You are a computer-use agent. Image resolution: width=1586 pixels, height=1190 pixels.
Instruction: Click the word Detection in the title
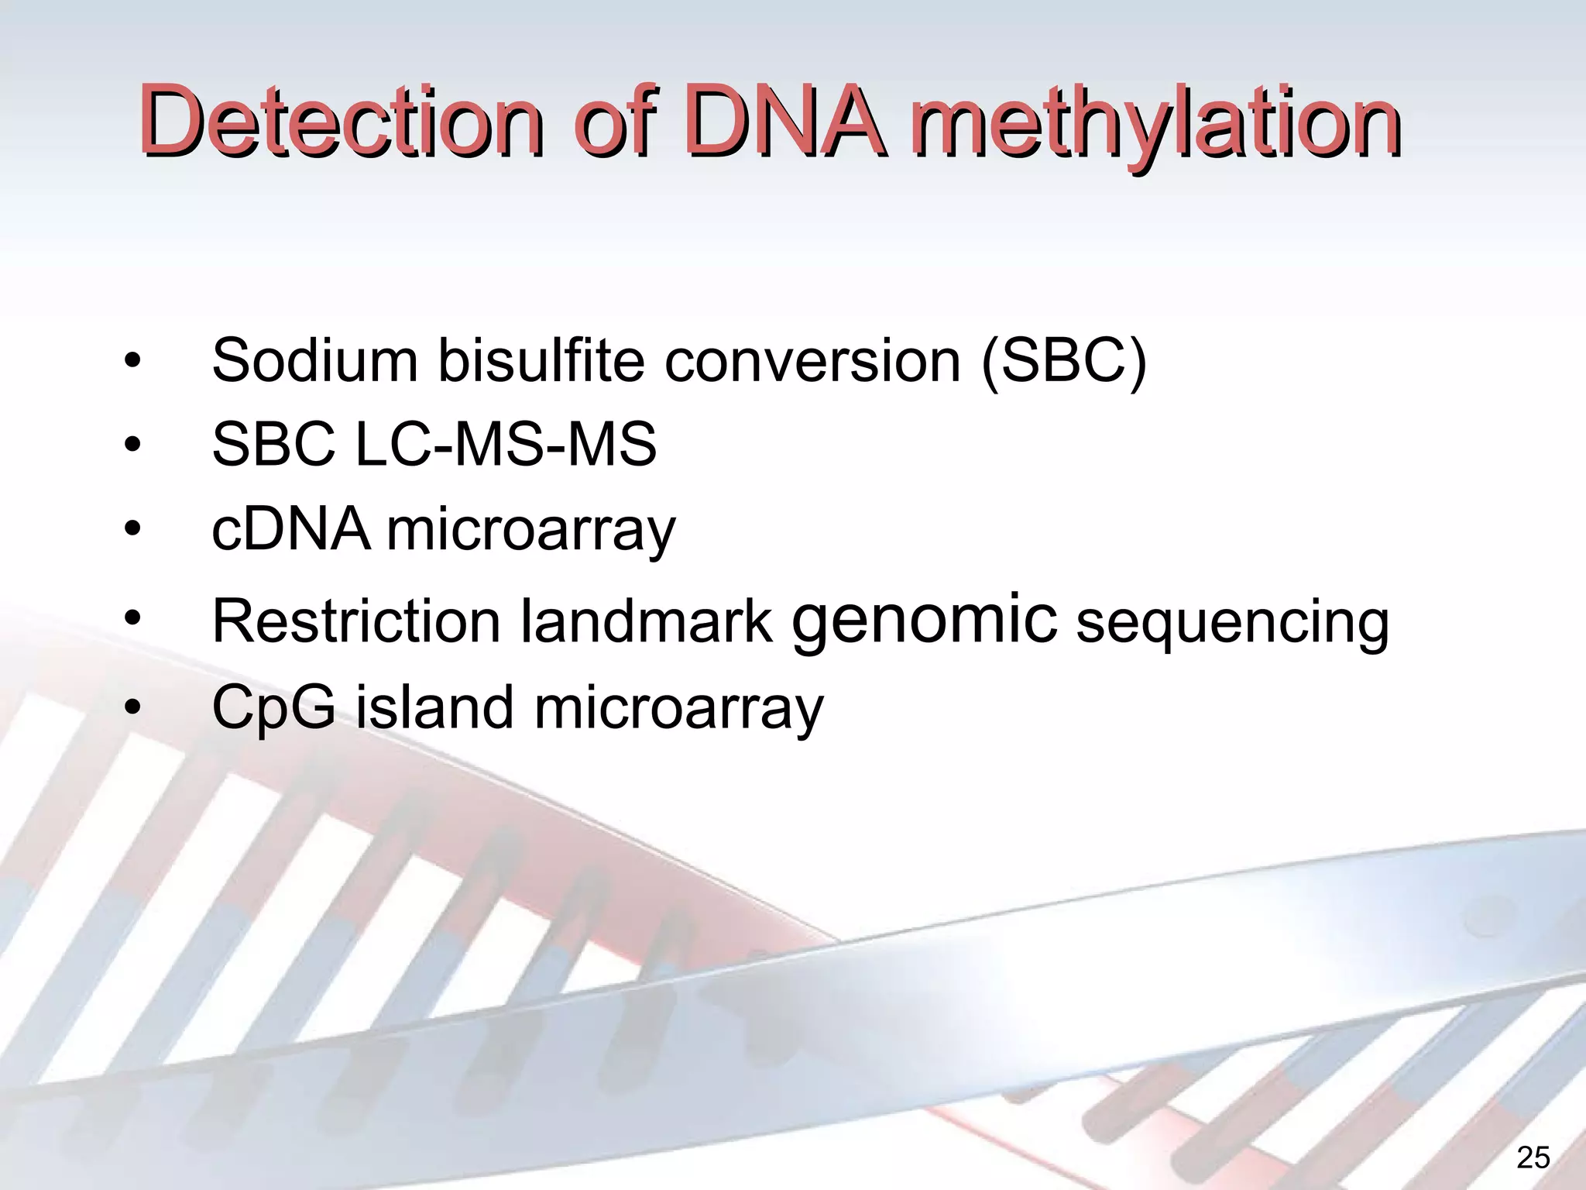[x=341, y=122]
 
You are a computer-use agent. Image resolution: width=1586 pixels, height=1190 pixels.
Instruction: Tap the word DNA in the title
[x=782, y=122]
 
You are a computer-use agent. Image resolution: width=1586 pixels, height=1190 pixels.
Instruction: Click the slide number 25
[x=1533, y=1157]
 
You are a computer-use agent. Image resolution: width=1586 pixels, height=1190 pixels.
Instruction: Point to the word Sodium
[x=314, y=360]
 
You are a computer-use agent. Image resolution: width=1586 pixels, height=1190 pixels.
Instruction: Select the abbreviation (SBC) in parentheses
[x=1063, y=362]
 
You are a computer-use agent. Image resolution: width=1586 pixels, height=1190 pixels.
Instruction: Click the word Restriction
[x=356, y=621]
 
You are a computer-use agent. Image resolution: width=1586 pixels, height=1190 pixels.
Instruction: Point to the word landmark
[x=646, y=621]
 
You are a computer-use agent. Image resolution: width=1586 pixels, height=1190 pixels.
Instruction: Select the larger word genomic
[x=923, y=619]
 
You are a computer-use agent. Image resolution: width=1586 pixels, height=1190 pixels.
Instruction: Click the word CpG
[x=274, y=708]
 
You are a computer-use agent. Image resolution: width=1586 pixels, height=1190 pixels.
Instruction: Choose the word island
[x=434, y=707]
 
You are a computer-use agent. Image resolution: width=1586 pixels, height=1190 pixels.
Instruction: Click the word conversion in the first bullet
[x=812, y=360]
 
